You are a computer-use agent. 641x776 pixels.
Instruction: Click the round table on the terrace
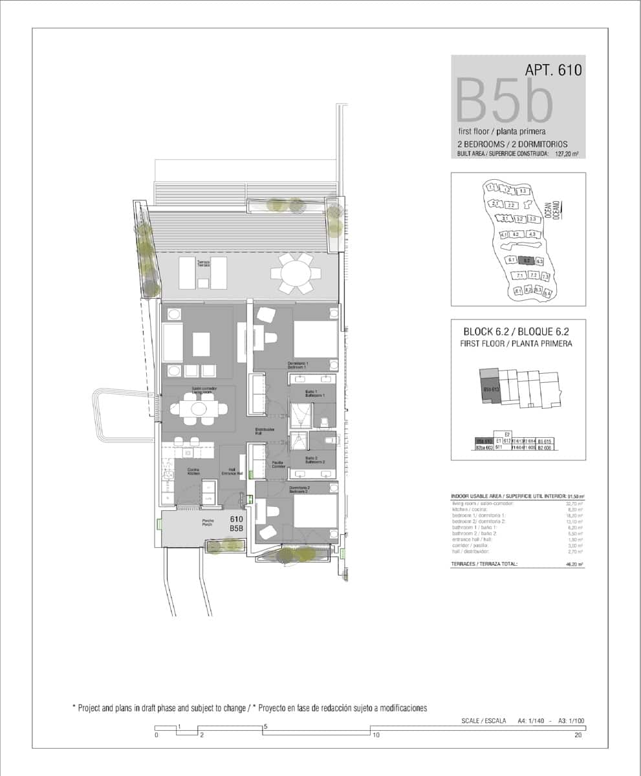(x=295, y=273)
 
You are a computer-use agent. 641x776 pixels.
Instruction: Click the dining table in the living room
(x=199, y=409)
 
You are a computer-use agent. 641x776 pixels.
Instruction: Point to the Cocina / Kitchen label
(x=193, y=471)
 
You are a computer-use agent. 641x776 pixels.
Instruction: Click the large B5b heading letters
(x=505, y=100)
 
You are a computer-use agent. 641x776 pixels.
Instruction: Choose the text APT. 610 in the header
(x=554, y=69)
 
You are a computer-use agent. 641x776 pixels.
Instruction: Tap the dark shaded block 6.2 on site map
(x=527, y=261)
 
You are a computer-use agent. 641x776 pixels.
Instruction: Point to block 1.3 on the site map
(x=523, y=191)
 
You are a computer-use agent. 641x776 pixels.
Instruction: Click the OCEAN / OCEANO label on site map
(x=552, y=211)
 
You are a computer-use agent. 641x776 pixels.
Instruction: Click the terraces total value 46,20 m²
(x=574, y=564)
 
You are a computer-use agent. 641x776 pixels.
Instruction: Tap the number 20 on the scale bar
(x=578, y=735)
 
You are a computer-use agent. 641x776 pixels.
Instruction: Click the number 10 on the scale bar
(x=375, y=735)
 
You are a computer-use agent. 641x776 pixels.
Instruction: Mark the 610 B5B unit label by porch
(x=237, y=523)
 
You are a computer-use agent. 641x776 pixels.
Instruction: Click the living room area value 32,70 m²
(x=574, y=502)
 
